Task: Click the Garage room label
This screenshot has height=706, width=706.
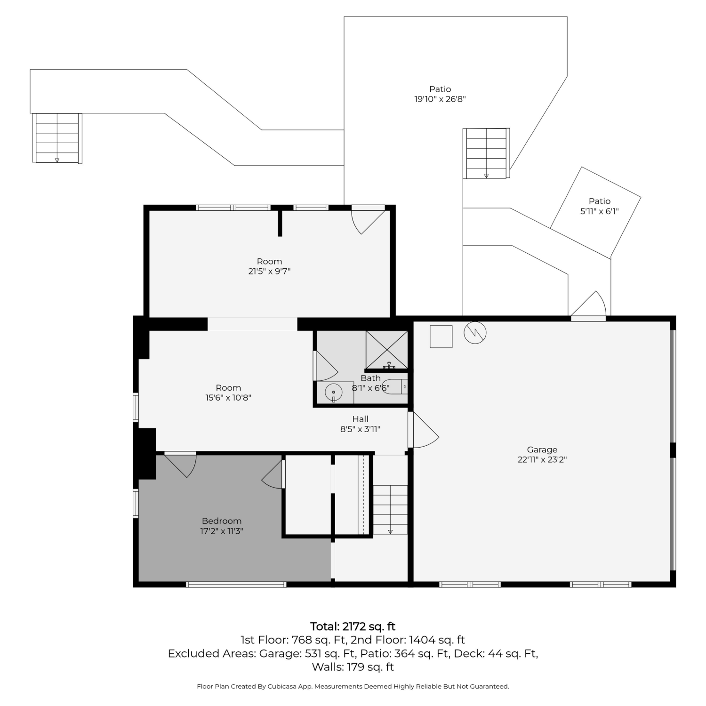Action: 542,449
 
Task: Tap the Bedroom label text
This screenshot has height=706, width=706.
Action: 222,521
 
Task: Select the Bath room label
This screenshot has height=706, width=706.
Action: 371,378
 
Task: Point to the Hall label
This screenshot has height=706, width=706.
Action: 361,419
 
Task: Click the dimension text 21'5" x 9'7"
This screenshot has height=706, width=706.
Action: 269,271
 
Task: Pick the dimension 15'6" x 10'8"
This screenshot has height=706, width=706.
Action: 228,398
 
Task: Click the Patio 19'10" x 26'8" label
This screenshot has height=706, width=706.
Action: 440,94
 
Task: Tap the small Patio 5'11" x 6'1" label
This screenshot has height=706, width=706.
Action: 600,206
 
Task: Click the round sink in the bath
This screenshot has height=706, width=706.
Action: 334,392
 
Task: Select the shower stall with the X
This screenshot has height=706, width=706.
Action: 387,350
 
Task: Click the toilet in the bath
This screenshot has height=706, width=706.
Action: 394,387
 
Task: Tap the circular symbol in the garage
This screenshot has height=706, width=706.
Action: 475,333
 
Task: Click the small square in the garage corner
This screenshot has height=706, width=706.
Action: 441,337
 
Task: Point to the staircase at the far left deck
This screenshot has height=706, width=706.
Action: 57,138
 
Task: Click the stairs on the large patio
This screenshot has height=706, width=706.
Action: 486,153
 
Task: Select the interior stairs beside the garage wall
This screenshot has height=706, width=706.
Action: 390,510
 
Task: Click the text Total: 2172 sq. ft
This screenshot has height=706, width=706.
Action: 353,626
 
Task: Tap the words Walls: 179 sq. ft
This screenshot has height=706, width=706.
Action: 353,667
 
